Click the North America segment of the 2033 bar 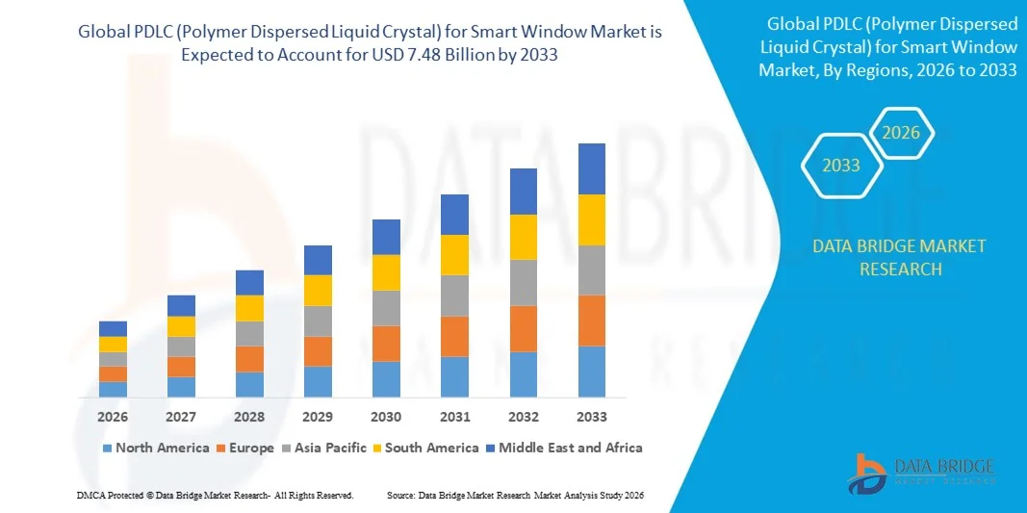pos(591,372)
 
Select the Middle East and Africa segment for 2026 pos(113,328)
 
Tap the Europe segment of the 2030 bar pos(386,344)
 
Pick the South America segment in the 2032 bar pos(523,237)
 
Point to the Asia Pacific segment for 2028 pos(249,333)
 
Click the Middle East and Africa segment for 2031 pos(454,215)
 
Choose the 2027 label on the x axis pos(181,417)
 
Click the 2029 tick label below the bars pos(318,417)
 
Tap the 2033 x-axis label pos(591,417)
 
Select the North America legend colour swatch pos(106,449)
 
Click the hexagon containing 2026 pos(902,133)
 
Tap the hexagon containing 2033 pos(840,166)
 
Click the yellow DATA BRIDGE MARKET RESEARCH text pos(898,257)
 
